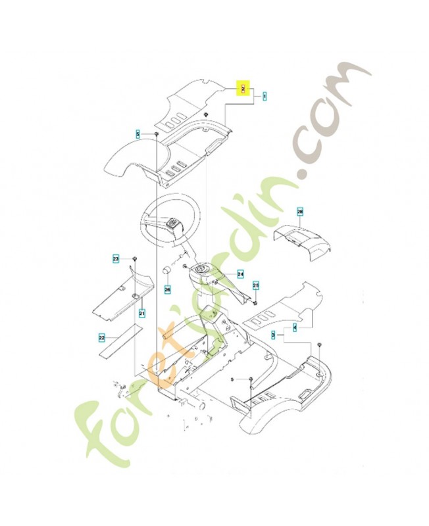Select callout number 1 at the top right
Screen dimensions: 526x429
264,97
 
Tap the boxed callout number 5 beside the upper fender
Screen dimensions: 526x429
138,134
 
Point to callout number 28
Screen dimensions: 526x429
300,212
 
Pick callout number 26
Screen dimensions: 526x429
167,289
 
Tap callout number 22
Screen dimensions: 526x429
102,339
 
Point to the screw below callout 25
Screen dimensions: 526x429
255,303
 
